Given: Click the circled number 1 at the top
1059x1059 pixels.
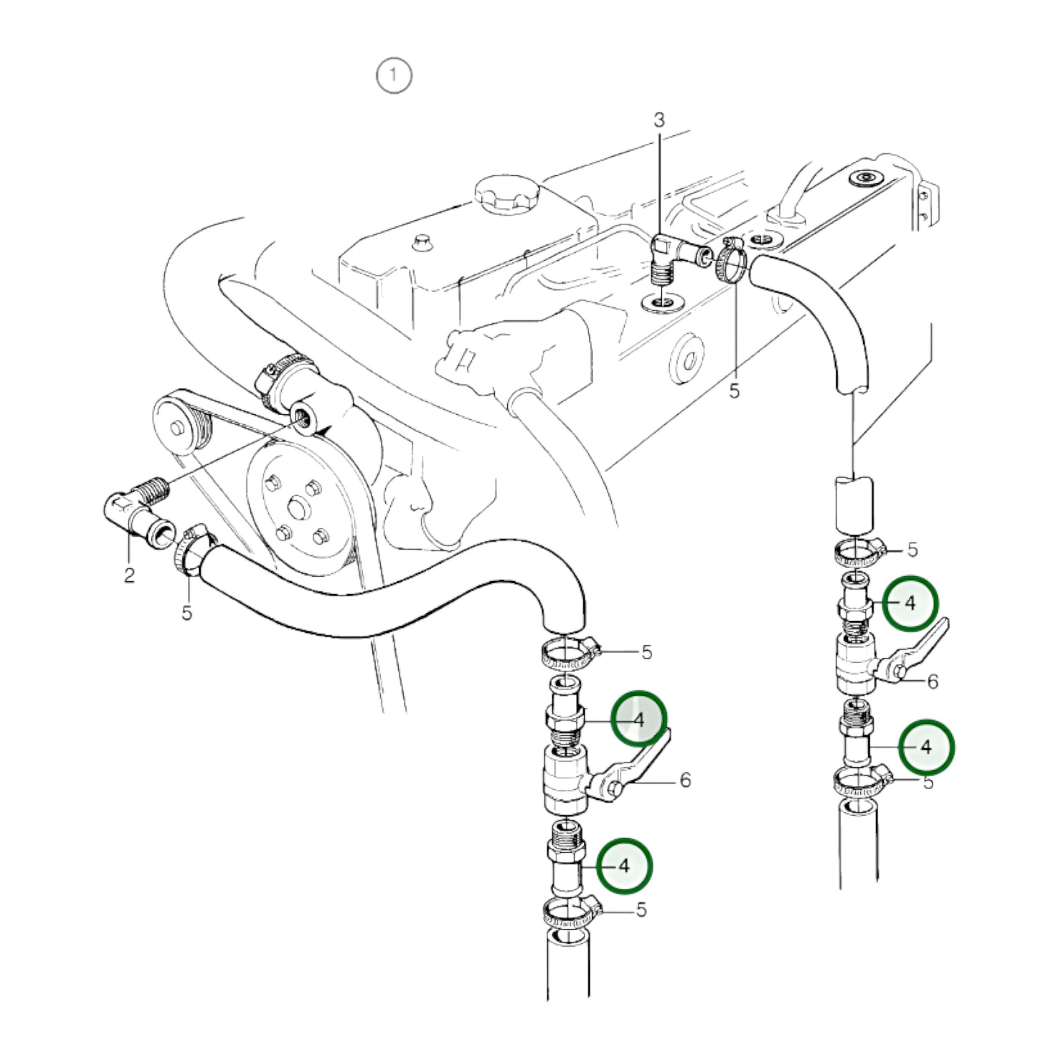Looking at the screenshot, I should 393,76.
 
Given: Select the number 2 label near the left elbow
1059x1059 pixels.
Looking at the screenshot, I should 130,575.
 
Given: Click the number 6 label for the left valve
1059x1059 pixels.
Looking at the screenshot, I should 685,780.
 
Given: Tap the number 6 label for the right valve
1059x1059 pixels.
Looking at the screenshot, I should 933,681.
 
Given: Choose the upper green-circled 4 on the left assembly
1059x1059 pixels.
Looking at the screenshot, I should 638,720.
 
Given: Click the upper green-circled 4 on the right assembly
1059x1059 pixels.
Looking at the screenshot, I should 910,603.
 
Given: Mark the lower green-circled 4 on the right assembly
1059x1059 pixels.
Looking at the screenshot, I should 926,747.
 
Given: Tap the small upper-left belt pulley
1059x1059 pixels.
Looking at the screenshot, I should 176,427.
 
